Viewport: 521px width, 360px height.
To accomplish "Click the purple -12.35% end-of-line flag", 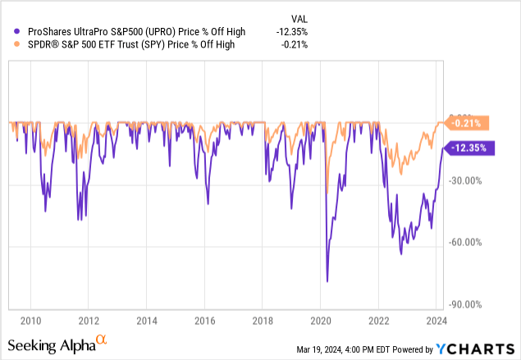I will click(x=467, y=148).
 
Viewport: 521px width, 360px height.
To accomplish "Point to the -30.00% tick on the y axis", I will click(x=471, y=180).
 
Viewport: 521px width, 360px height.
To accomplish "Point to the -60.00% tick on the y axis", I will click(x=471, y=242).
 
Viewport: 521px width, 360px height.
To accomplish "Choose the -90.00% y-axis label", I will click(x=471, y=304).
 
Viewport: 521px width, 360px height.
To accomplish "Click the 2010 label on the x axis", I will click(x=31, y=321).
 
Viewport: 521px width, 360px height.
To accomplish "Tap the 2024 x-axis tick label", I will click(x=436, y=321).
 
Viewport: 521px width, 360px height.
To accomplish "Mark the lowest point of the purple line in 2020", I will click(x=327, y=281).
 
